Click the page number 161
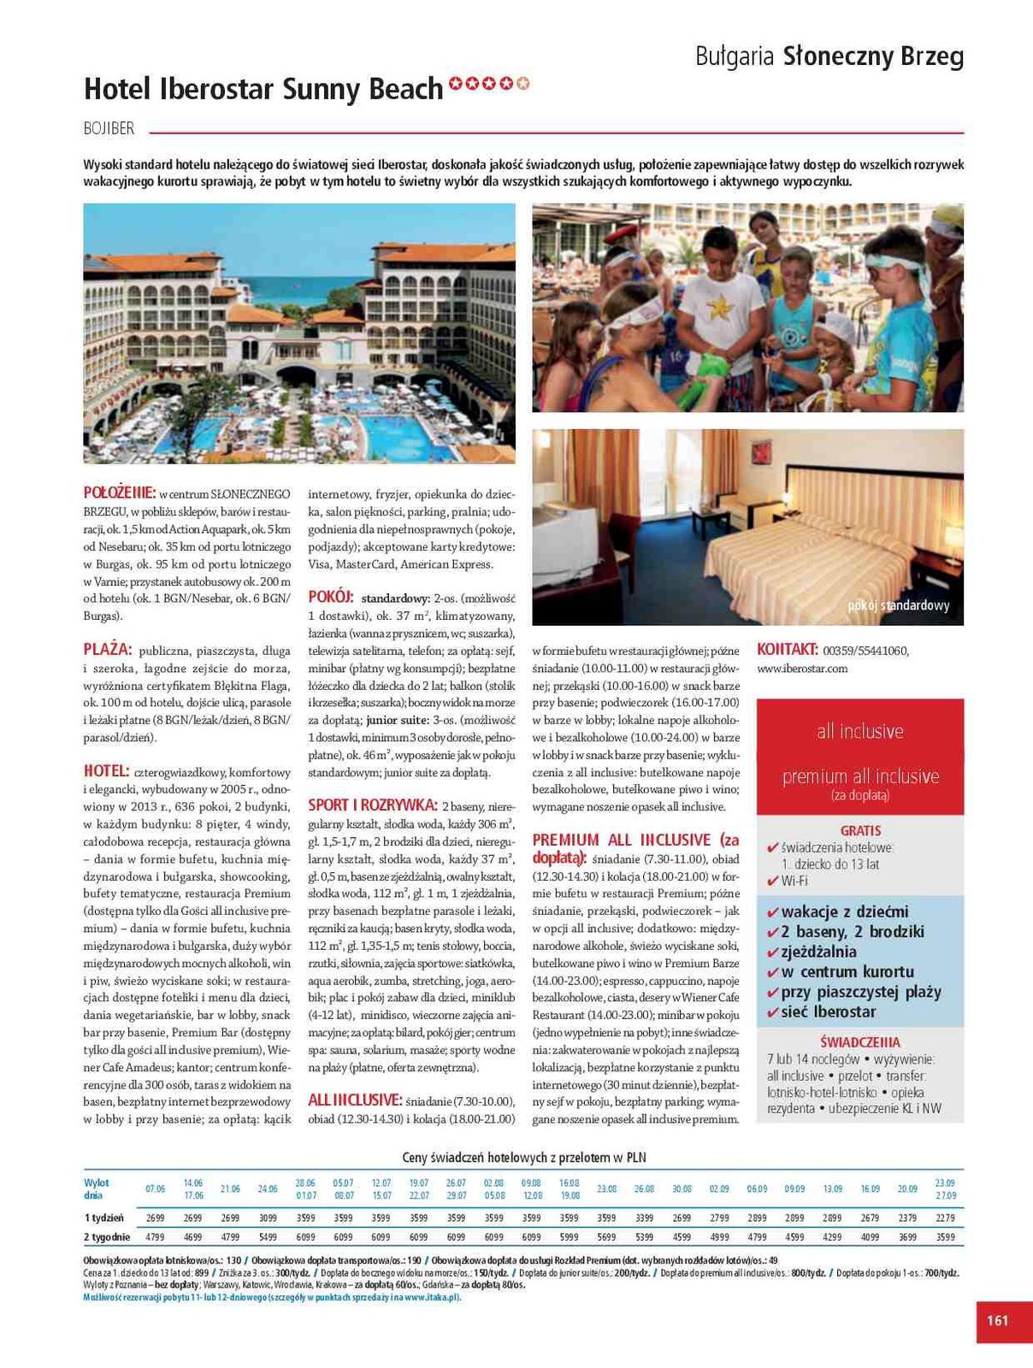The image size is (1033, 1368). (x=997, y=1320)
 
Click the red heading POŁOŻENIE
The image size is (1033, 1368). (x=120, y=492)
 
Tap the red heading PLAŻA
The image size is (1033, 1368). (x=108, y=650)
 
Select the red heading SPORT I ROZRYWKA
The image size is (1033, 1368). (x=373, y=805)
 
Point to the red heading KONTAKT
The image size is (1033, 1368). (x=788, y=650)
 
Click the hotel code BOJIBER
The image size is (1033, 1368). (x=109, y=128)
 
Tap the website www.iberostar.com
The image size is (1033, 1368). (x=802, y=669)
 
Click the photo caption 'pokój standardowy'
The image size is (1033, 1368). (x=899, y=605)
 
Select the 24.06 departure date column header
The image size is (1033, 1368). (x=268, y=1188)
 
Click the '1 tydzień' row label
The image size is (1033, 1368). (x=103, y=1218)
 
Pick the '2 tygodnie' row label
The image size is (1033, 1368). (x=107, y=1237)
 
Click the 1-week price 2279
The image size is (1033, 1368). (x=945, y=1218)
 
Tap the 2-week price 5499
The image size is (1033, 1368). (x=268, y=1237)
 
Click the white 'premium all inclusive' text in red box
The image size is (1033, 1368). (x=860, y=776)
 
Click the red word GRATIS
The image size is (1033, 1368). (x=860, y=830)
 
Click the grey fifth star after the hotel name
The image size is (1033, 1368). (x=523, y=84)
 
